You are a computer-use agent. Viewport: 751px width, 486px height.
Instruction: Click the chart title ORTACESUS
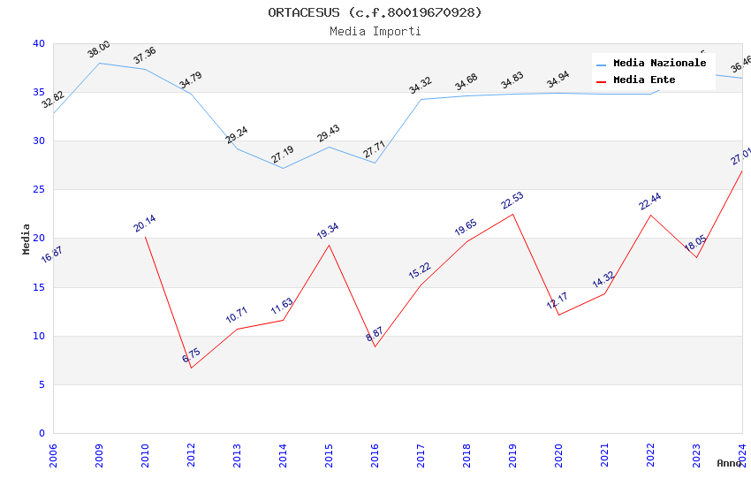click(x=375, y=12)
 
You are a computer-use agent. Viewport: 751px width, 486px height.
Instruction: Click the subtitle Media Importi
click(x=375, y=31)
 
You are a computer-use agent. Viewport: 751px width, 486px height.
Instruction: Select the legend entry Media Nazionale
click(x=659, y=64)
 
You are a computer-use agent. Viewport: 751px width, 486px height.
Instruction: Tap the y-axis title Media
click(x=26, y=239)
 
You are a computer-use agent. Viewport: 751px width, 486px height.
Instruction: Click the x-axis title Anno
click(x=729, y=463)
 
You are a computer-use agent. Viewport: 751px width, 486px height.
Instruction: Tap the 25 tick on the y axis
click(x=39, y=190)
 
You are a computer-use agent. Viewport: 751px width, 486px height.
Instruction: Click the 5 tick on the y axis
click(x=42, y=384)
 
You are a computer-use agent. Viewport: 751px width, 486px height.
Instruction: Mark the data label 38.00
click(x=99, y=49)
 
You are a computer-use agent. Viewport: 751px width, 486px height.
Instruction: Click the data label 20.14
click(x=145, y=224)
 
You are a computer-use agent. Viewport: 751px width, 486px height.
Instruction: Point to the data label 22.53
click(x=512, y=201)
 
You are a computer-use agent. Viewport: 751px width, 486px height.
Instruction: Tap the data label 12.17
click(x=558, y=300)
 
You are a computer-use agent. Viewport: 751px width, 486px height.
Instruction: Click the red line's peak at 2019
click(x=512, y=214)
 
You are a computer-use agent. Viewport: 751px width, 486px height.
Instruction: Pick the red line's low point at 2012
click(x=191, y=368)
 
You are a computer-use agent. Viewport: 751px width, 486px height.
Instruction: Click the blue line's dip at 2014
click(x=283, y=168)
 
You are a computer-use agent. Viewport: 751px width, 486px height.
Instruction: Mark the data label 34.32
click(x=421, y=85)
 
